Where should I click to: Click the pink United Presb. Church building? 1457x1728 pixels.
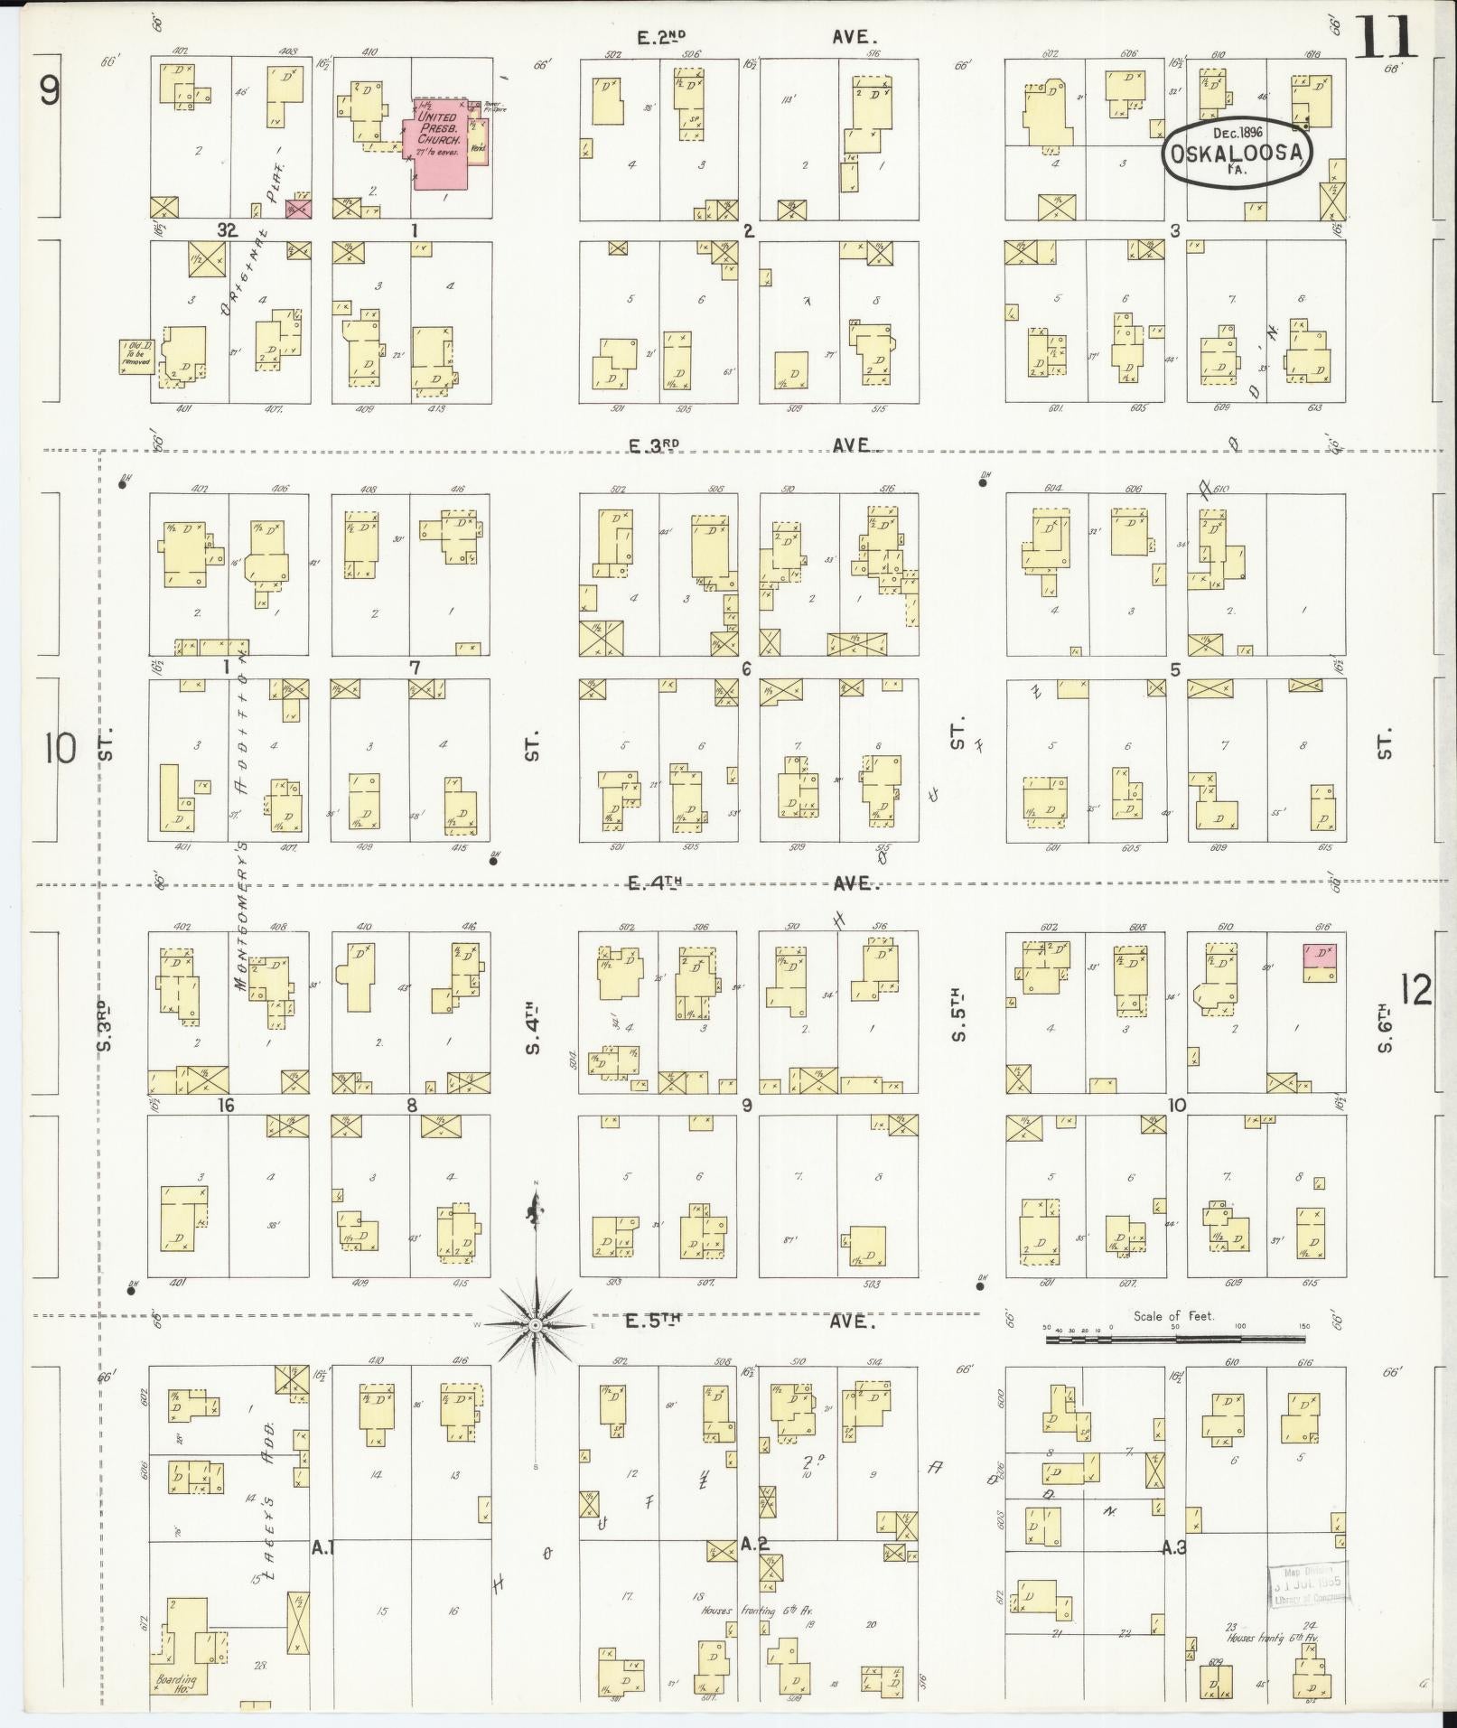pos(441,145)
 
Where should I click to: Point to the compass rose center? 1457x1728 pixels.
pos(535,1324)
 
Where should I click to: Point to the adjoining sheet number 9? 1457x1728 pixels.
pos(49,90)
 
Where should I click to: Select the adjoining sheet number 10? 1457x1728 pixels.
pos(61,748)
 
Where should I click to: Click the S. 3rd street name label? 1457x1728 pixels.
pos(107,1025)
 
